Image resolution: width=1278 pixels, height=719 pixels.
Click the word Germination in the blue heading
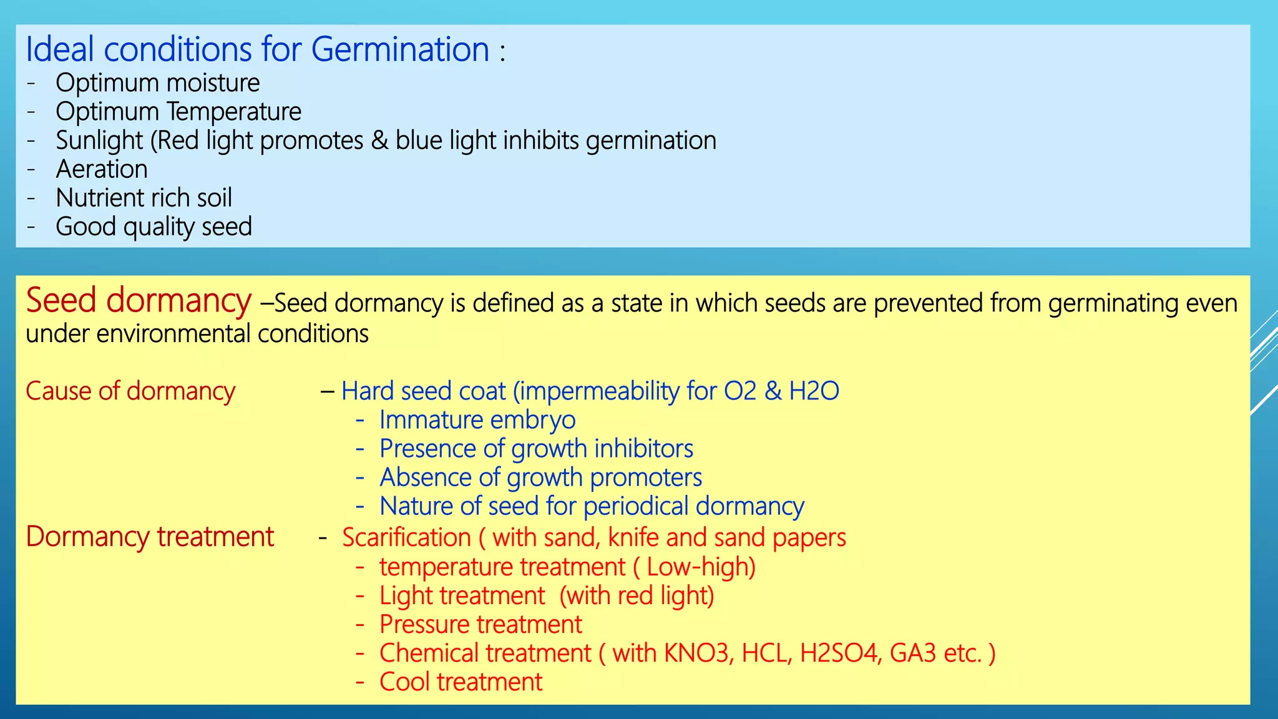pos(399,50)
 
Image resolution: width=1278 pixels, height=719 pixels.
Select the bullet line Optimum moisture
pos(157,83)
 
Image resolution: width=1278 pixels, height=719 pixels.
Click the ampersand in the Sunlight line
pos(379,140)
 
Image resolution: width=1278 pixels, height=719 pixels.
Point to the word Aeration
pos(102,169)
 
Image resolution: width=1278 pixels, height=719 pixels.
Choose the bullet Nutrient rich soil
pos(144,198)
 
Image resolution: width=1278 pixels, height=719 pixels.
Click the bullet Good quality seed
pos(154,227)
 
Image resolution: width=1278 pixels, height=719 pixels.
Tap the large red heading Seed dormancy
pos(138,301)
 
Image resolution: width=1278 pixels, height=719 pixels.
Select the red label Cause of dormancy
pos(130,391)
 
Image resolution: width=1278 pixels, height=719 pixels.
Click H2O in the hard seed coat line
pos(814,391)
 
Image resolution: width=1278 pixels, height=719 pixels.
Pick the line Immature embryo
pos(477,420)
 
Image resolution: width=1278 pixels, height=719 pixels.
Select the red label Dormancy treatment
pos(150,537)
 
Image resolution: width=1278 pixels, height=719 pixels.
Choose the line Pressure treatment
pos(480,625)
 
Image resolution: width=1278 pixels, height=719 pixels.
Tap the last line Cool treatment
pos(461,682)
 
